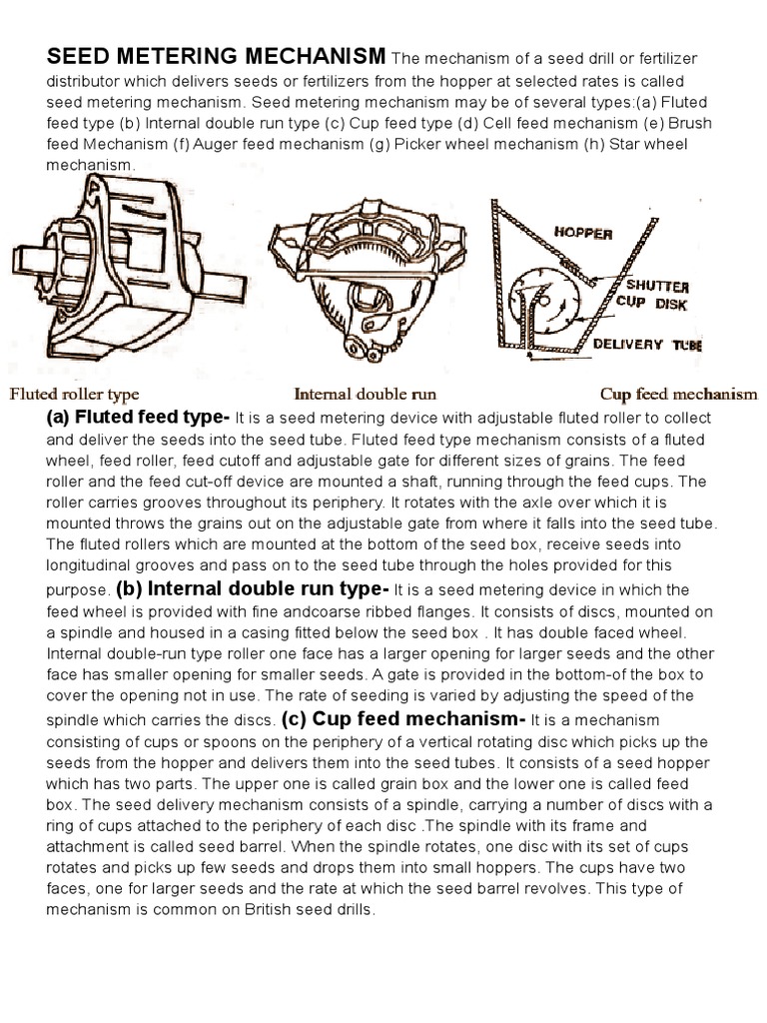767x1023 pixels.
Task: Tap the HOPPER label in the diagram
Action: coord(583,233)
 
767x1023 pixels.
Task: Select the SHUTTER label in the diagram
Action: coord(652,285)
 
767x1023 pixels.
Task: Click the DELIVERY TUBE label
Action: coord(646,345)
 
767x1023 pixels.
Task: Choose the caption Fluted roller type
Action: coord(74,394)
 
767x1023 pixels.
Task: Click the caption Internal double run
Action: coord(365,394)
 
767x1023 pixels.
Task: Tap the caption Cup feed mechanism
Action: coord(678,394)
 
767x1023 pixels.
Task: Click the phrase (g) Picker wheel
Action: coord(436,145)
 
